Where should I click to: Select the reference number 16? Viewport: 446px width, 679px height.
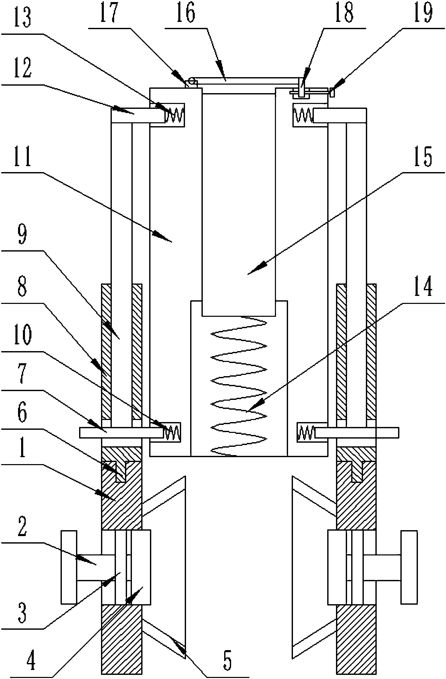pyautogui.click(x=186, y=13)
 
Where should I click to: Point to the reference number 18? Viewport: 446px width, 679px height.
pyautogui.click(x=344, y=13)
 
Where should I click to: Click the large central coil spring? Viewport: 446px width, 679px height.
pyautogui.click(x=239, y=385)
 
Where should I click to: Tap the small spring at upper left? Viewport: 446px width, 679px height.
pyautogui.click(x=174, y=114)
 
